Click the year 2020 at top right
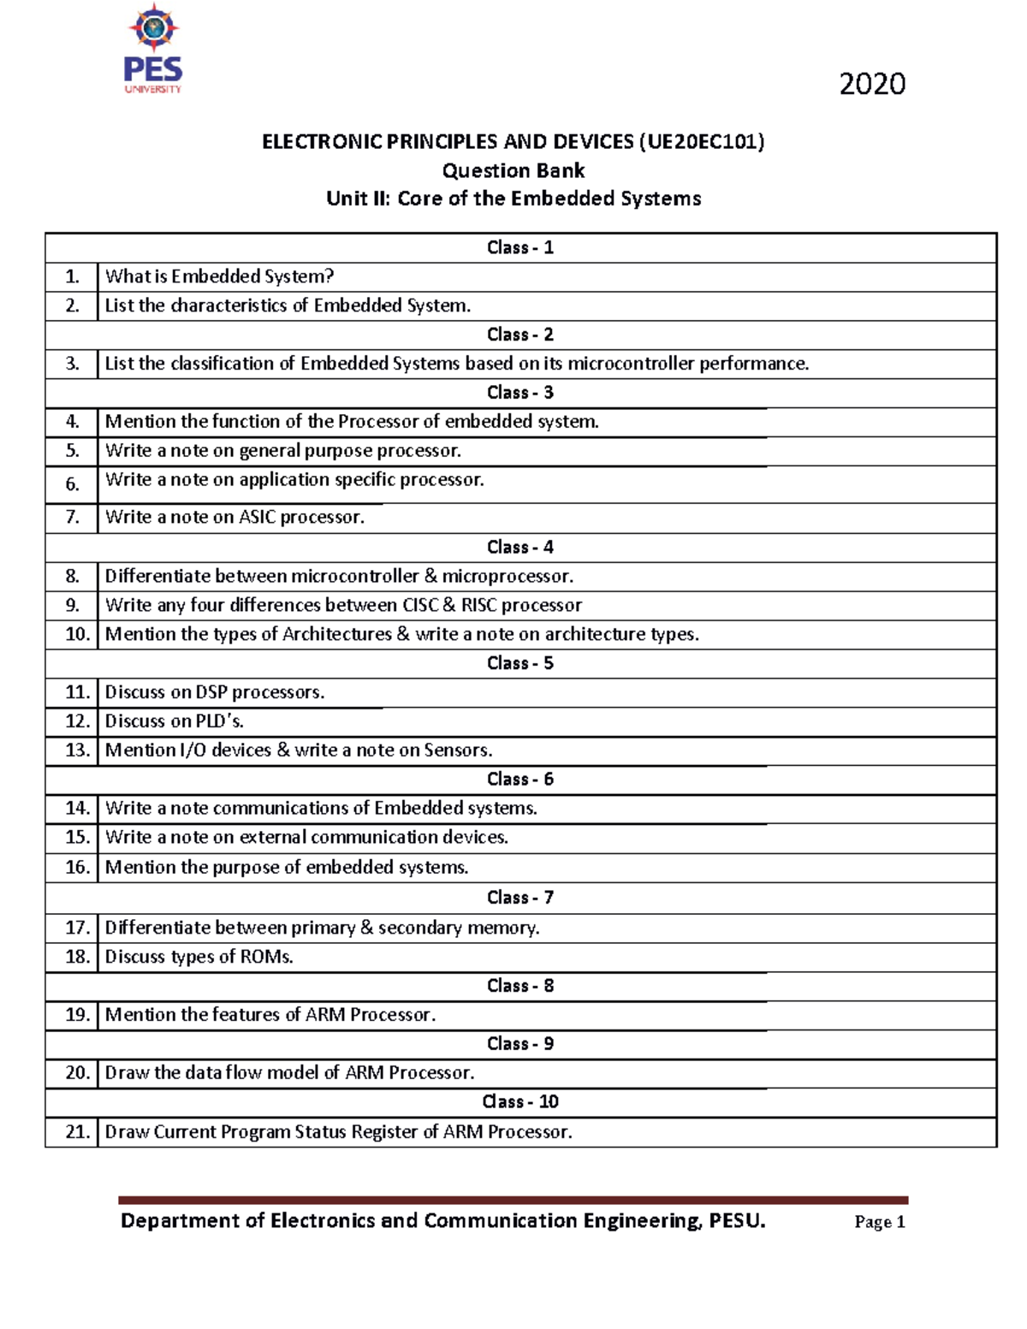coord(871,84)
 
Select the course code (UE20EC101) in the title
coord(701,141)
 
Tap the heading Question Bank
coord(513,170)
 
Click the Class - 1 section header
coord(519,247)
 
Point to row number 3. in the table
coord(72,364)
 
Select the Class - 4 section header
coord(519,547)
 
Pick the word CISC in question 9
coord(419,605)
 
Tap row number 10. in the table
coord(76,634)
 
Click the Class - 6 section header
coord(519,779)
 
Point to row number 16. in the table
coord(76,867)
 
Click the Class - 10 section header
coord(519,1101)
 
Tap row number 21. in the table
coord(76,1131)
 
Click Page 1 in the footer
coord(879,1222)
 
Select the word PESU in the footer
coord(736,1220)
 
